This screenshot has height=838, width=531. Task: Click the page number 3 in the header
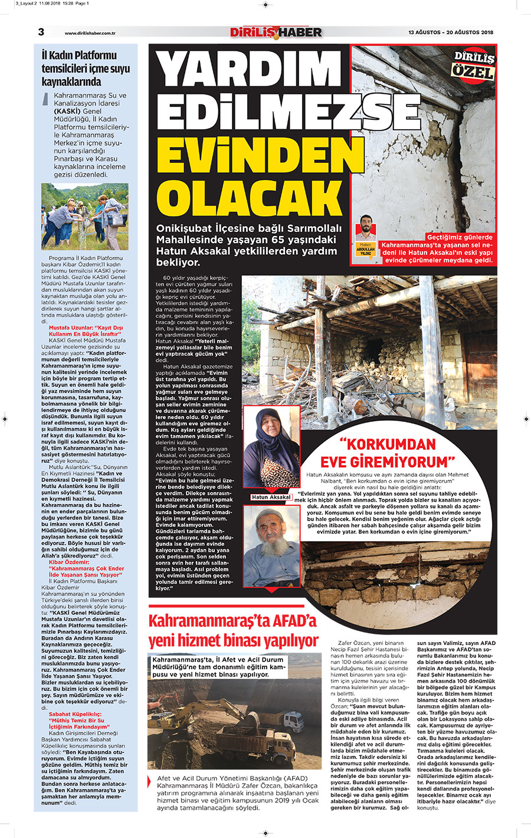click(41, 32)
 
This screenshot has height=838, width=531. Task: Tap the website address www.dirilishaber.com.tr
click(90, 33)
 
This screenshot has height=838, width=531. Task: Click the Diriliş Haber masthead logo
click(276, 32)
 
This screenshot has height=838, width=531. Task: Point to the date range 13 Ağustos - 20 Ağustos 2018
click(450, 32)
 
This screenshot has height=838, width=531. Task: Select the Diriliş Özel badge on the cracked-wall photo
click(473, 65)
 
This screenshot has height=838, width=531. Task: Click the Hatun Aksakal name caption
click(271, 497)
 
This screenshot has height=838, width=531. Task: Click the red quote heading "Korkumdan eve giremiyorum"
click(387, 453)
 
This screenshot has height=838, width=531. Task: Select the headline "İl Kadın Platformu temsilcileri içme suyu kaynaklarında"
click(86, 68)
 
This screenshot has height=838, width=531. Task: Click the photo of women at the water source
click(84, 216)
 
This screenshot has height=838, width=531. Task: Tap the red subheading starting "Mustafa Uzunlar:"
click(86, 330)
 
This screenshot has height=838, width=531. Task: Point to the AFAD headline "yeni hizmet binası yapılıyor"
click(233, 640)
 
